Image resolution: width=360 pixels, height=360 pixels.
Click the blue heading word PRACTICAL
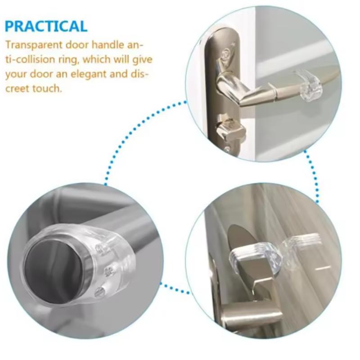pyautogui.click(x=46, y=26)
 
